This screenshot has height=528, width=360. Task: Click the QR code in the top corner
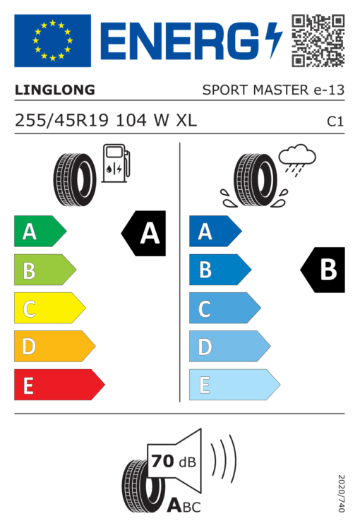[x=318, y=40]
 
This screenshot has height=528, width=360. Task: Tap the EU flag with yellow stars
[x=52, y=40]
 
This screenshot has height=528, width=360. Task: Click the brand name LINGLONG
[x=55, y=90]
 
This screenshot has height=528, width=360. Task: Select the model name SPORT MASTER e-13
[x=273, y=90]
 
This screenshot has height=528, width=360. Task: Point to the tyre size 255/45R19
[x=61, y=120]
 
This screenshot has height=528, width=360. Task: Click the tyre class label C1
[x=335, y=121]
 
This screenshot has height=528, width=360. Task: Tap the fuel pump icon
[x=116, y=163]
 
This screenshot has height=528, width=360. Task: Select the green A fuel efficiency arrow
[x=40, y=231]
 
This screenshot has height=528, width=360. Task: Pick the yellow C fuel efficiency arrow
[x=50, y=308]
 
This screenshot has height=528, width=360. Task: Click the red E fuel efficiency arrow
[x=59, y=385]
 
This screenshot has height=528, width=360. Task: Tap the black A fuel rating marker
[x=143, y=234]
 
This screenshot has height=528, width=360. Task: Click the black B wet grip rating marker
[x=323, y=270]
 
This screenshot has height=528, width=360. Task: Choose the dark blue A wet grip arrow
[x=215, y=231]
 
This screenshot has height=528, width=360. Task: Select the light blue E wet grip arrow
[x=235, y=385]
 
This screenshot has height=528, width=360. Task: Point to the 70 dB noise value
[x=174, y=461]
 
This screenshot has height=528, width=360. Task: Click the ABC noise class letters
[x=184, y=505]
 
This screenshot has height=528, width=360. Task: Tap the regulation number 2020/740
[x=341, y=493]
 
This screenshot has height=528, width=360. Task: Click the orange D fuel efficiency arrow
[x=54, y=346]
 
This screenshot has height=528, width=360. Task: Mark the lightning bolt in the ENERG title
[x=273, y=40]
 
